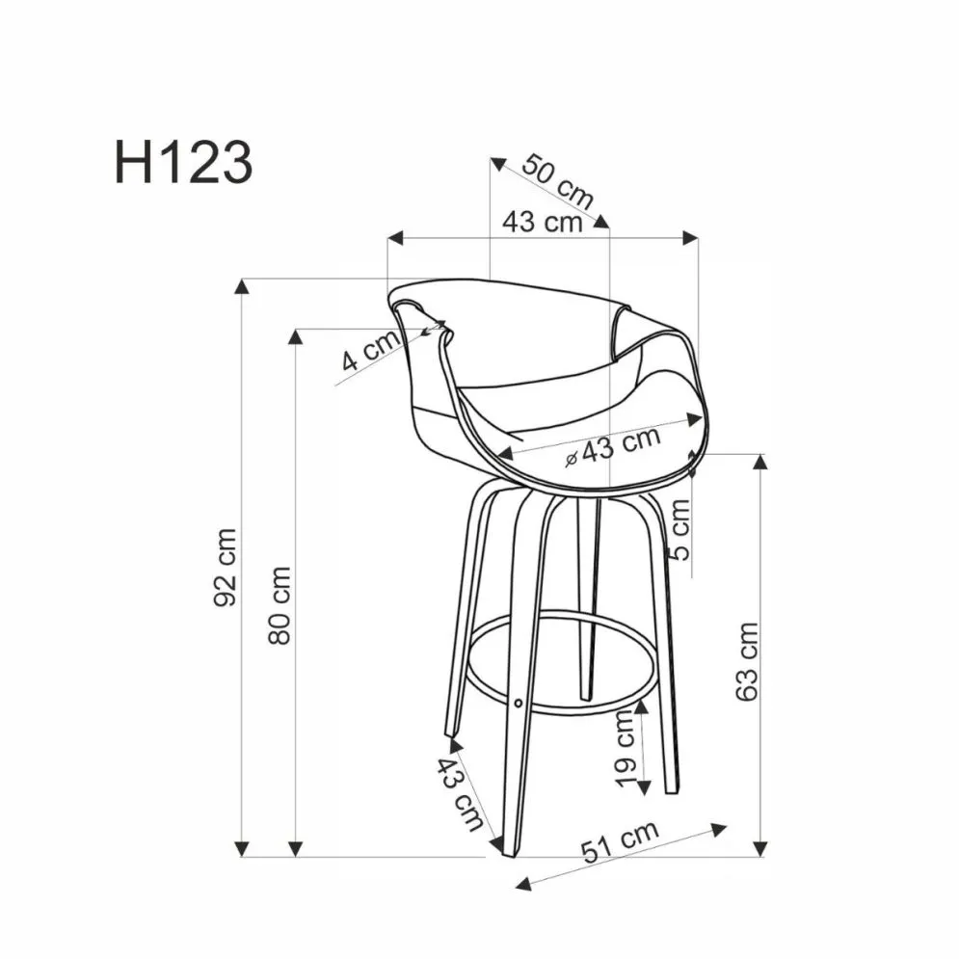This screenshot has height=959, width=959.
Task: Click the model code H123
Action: [183, 161]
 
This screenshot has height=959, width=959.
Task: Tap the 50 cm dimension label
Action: [556, 180]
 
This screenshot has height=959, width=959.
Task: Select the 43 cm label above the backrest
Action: [542, 222]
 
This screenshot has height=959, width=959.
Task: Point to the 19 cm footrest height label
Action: [625, 755]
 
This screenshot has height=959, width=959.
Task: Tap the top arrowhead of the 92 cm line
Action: [245, 287]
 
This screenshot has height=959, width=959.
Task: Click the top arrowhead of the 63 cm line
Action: [759, 462]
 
